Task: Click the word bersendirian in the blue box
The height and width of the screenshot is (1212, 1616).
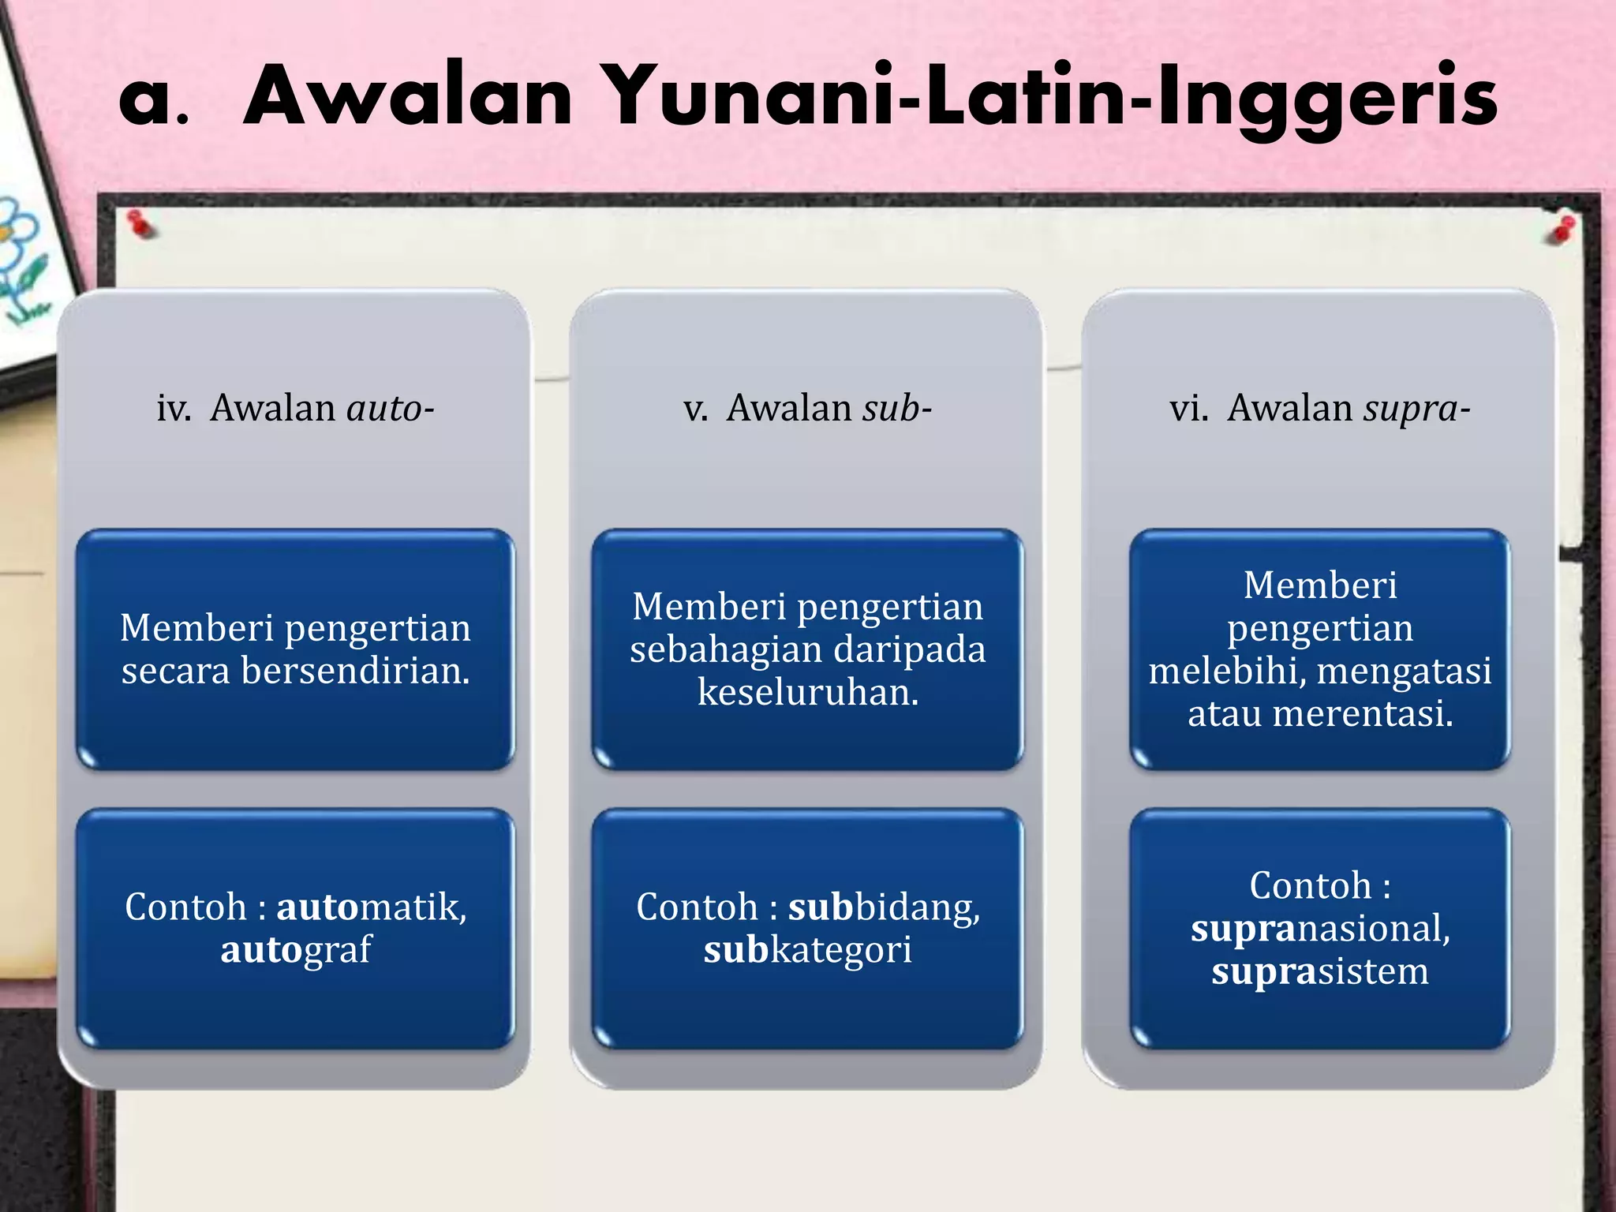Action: coord(355,671)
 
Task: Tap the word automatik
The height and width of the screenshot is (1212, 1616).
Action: coord(371,907)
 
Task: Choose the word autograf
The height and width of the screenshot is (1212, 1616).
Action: coord(296,949)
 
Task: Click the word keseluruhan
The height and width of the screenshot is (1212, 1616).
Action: coord(808,692)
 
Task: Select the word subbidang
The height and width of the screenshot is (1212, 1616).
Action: coord(884,907)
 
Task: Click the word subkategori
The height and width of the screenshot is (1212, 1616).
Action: coord(808,949)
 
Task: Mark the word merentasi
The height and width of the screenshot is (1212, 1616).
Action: coord(1363,713)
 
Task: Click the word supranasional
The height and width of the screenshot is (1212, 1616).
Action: coord(1320,928)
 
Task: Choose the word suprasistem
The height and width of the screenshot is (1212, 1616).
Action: coord(1320,971)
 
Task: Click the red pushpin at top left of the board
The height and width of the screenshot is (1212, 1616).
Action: coord(140,224)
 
